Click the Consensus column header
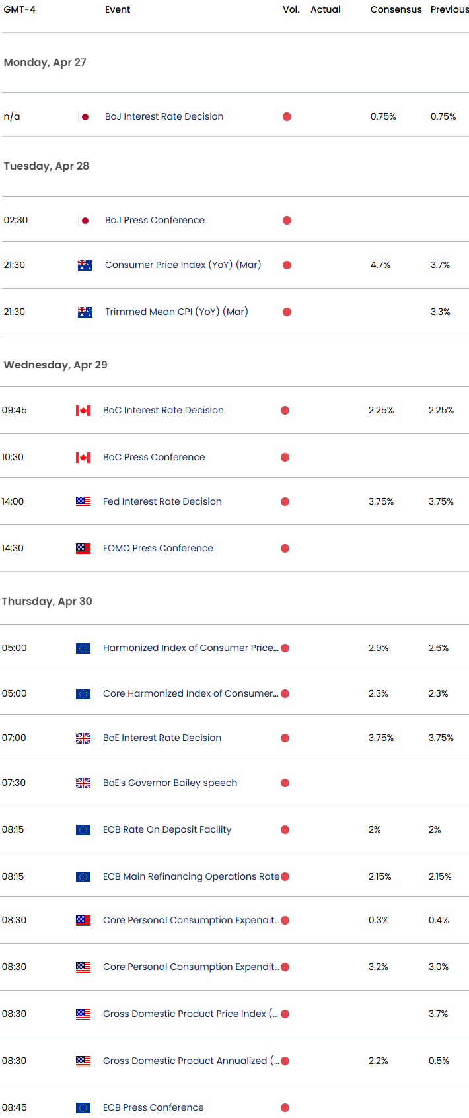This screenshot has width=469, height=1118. pyautogui.click(x=396, y=9)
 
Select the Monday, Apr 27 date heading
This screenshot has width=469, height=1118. pyautogui.click(x=45, y=62)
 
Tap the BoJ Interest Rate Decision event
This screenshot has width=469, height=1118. pyautogui.click(x=164, y=116)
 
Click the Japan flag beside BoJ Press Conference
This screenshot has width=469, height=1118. pyautogui.click(x=85, y=220)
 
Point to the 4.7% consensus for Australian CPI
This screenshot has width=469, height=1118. pyautogui.click(x=380, y=265)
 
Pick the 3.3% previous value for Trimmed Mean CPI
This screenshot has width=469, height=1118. pyautogui.click(x=440, y=312)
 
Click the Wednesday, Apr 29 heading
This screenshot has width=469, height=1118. pyautogui.click(x=55, y=365)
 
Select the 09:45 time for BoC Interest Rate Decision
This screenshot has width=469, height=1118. pyautogui.click(x=14, y=410)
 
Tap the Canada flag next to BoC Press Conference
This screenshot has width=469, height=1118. pyautogui.click(x=83, y=457)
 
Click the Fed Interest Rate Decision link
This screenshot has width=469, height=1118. pyautogui.click(x=162, y=501)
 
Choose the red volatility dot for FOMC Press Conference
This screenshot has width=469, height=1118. pyautogui.click(x=285, y=549)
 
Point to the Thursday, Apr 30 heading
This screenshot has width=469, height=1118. pyautogui.click(x=47, y=601)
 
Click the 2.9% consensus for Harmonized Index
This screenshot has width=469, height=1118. pyautogui.click(x=378, y=648)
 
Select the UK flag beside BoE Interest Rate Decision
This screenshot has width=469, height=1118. pyautogui.click(x=83, y=738)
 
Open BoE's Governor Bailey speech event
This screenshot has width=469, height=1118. pyautogui.click(x=170, y=783)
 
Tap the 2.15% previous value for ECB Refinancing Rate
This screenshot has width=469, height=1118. pyautogui.click(x=439, y=876)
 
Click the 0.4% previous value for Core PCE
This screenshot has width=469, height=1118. pyautogui.click(x=439, y=920)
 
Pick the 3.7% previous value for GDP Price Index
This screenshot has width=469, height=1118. pyautogui.click(x=438, y=1014)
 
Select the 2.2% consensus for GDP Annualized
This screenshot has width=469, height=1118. pyautogui.click(x=378, y=1061)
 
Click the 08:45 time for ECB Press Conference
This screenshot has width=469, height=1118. pyautogui.click(x=14, y=1107)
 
